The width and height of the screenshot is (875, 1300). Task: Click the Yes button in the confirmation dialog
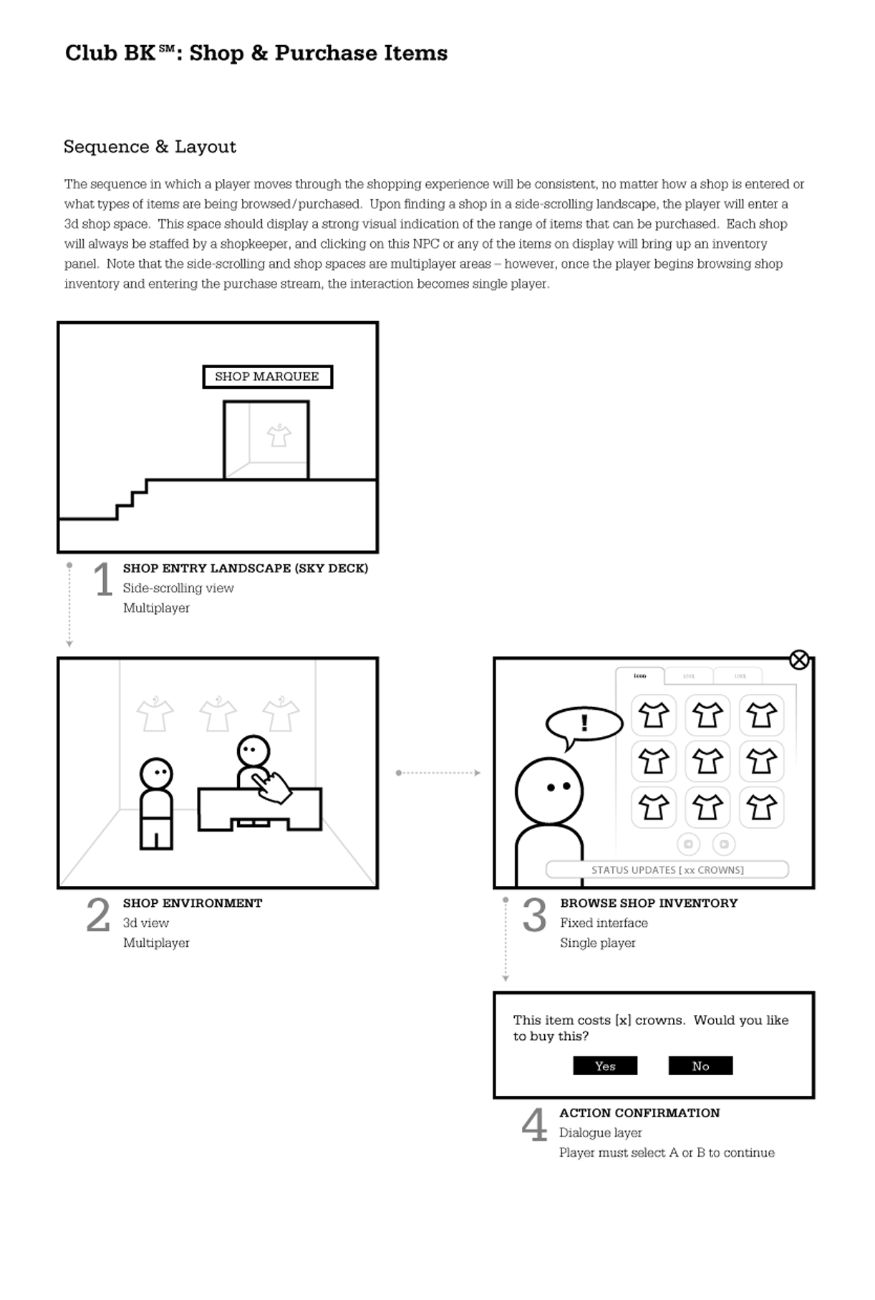pyautogui.click(x=605, y=1066)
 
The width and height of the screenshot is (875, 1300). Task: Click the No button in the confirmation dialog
pyautogui.click(x=700, y=1066)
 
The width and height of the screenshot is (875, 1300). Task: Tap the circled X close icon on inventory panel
pyautogui.click(x=799, y=660)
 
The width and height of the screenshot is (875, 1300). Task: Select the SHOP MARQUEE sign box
pyautogui.click(x=267, y=377)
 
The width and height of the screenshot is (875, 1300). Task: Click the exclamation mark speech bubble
pyautogui.click(x=584, y=723)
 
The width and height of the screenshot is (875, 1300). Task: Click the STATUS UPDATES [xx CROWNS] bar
pyautogui.click(x=667, y=870)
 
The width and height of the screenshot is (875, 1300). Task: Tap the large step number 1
pyautogui.click(x=103, y=579)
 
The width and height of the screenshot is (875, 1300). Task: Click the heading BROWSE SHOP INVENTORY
pyautogui.click(x=649, y=903)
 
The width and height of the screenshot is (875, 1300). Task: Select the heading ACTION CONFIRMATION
pyautogui.click(x=639, y=1113)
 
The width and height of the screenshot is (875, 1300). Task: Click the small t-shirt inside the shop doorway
pyautogui.click(x=279, y=435)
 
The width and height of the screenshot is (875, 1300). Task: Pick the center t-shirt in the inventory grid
pyautogui.click(x=707, y=761)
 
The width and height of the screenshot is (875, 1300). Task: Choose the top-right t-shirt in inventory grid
pyautogui.click(x=761, y=715)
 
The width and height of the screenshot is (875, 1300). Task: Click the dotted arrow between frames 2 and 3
pyautogui.click(x=437, y=773)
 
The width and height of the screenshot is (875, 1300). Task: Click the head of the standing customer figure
pyautogui.click(x=156, y=774)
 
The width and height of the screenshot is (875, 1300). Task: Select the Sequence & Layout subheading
pyautogui.click(x=150, y=147)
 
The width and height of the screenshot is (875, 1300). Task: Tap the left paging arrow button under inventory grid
pyautogui.click(x=688, y=844)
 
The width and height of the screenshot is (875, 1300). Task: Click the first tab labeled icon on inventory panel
pyautogui.click(x=640, y=676)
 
